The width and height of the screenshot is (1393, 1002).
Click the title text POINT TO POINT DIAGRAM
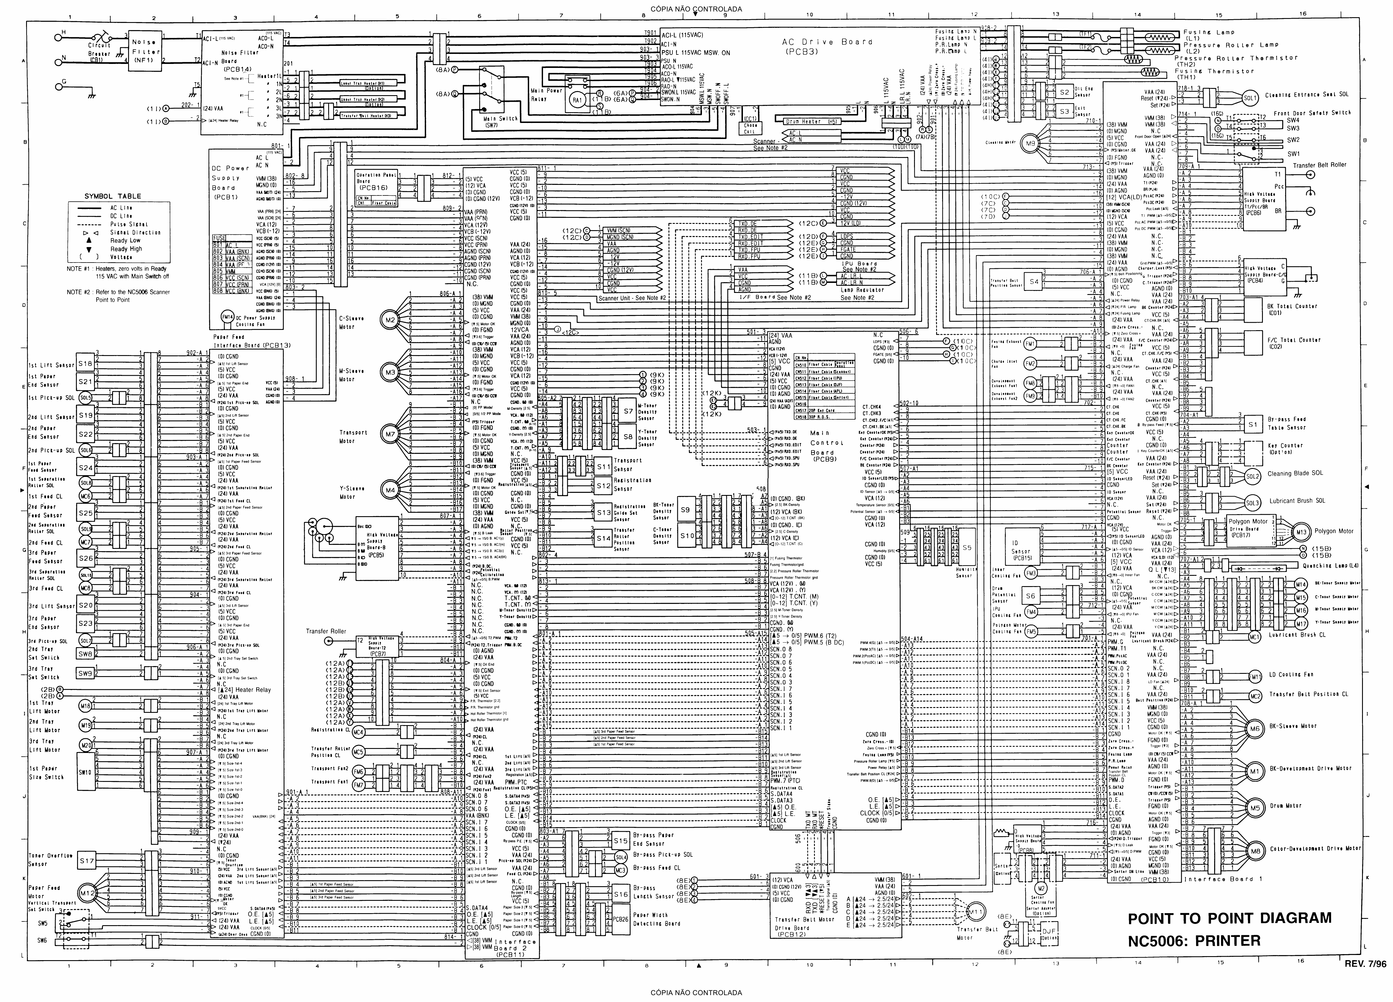point(1230,918)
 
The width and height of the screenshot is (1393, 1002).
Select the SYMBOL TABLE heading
point(112,196)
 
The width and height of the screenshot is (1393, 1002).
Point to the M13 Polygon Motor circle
point(1300,531)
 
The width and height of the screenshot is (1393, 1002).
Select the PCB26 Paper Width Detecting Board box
point(620,920)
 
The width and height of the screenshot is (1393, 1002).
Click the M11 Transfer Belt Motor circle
point(973,912)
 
